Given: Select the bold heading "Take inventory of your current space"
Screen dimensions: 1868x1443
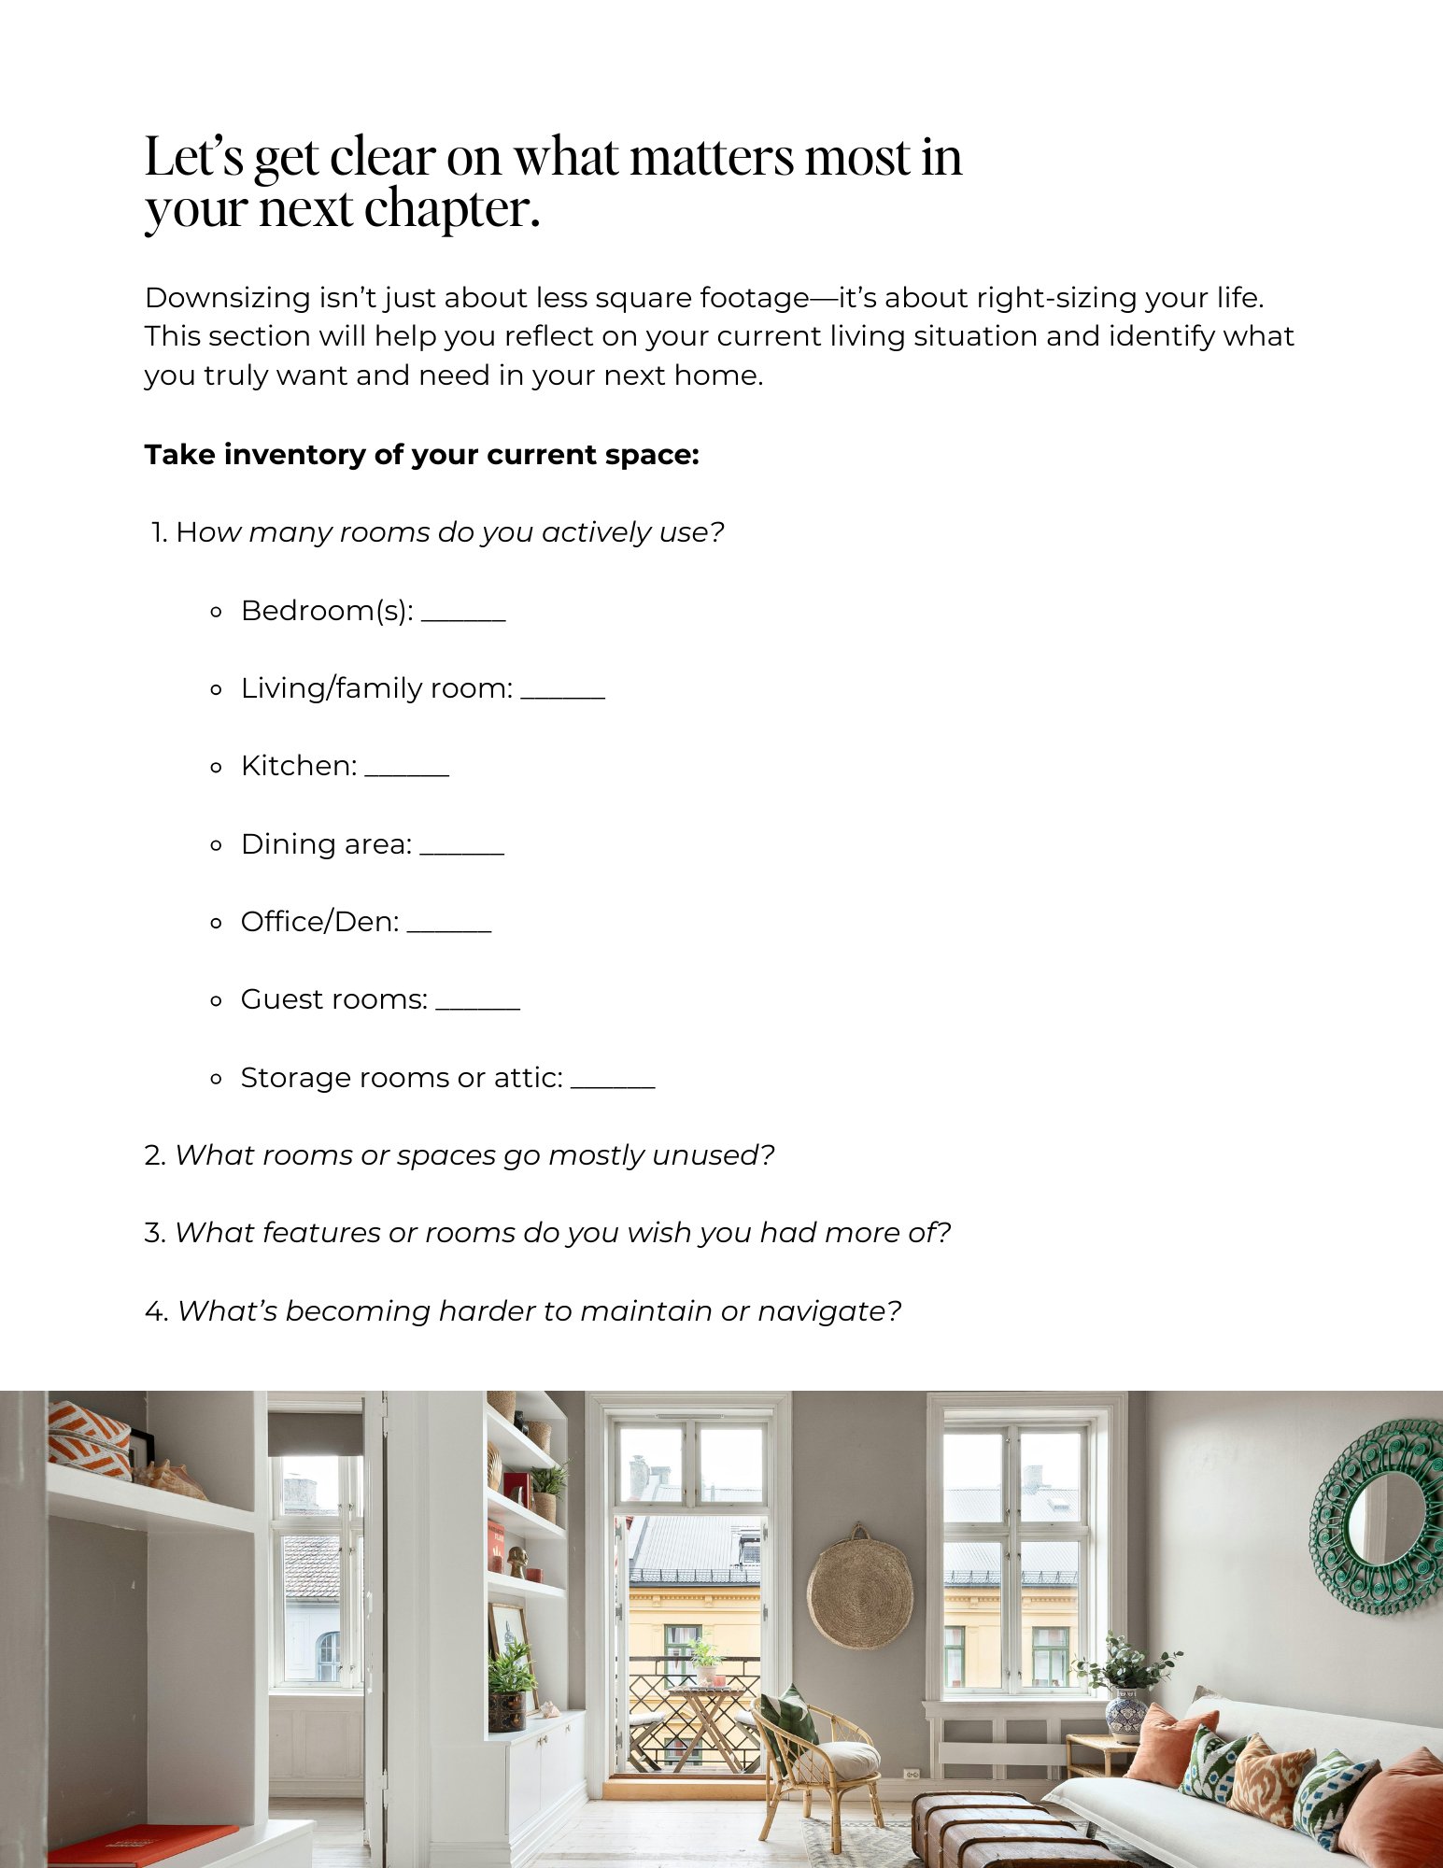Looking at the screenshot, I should click(x=421, y=455).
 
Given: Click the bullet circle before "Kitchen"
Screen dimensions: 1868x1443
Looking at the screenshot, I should click(x=217, y=768).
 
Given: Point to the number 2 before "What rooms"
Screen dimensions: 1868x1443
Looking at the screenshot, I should click(x=153, y=1155).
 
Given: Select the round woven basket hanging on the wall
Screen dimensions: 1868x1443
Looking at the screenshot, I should click(x=860, y=1589).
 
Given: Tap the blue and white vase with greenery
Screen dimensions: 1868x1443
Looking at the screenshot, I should click(x=1126, y=1710).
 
